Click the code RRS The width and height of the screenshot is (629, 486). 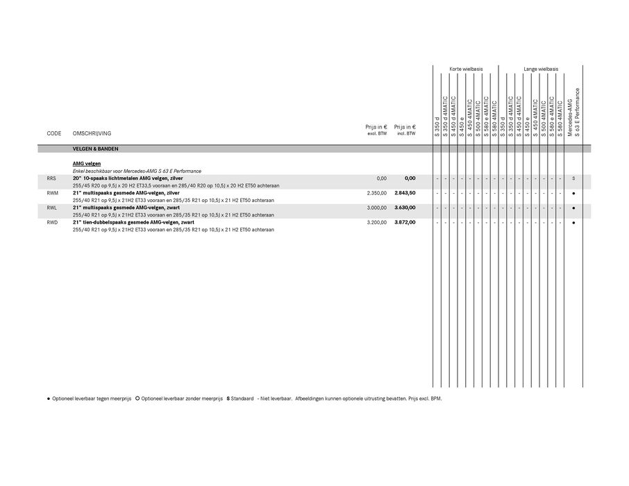click(x=51, y=178)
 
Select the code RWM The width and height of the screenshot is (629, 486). click(x=52, y=193)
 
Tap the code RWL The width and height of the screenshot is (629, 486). click(x=51, y=208)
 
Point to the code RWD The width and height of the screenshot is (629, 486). click(x=52, y=222)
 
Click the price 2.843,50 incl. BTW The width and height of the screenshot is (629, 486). click(x=405, y=193)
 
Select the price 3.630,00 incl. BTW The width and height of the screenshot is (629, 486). click(x=405, y=208)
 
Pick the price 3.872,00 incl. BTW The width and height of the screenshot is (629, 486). click(x=405, y=222)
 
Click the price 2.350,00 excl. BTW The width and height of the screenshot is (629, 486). click(x=376, y=193)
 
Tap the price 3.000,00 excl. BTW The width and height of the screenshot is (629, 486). click(x=376, y=208)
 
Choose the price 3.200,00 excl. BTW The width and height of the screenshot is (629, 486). click(x=376, y=222)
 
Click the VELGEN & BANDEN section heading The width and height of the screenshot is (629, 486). click(x=95, y=149)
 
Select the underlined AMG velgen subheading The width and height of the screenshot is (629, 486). click(x=87, y=163)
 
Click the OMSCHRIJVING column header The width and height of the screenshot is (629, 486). click(x=92, y=133)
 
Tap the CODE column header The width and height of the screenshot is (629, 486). click(x=54, y=133)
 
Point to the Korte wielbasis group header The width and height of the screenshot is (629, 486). click(x=466, y=69)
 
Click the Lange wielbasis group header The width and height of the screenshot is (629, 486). click(x=541, y=69)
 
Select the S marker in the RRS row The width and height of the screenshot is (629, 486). click(x=573, y=178)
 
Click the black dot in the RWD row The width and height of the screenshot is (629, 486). click(x=573, y=222)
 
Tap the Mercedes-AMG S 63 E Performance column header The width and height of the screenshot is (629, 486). click(x=573, y=111)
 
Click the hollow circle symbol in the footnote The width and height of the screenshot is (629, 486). click(x=137, y=399)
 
